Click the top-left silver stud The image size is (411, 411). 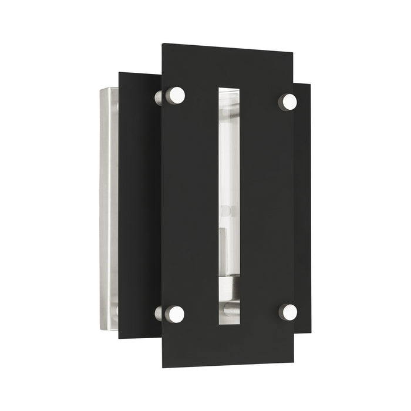coord(176,95)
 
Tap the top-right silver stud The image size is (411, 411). coord(288,102)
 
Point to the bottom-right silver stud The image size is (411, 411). coord(288,312)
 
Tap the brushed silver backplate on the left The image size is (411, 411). coord(109,200)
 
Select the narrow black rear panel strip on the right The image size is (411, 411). coord(302,200)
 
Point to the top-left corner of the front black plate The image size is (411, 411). coord(163,43)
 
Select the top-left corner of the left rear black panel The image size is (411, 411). coord(120,73)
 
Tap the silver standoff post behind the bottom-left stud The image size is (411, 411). coord(159,314)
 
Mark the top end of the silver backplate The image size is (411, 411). coord(109,90)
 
